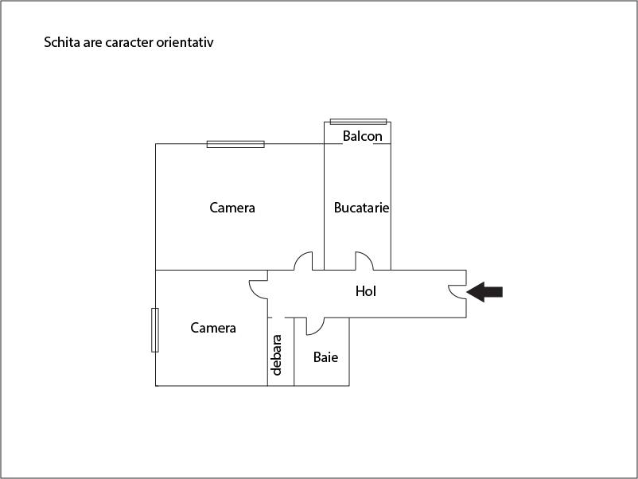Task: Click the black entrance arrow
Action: coord(484,292)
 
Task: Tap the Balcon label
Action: coord(363,136)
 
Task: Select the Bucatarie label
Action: coord(361,208)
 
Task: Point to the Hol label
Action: coord(366,291)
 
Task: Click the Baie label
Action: coord(325,357)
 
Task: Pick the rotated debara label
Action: coord(276,355)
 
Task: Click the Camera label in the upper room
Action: coord(232,208)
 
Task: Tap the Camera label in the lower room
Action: coord(213,328)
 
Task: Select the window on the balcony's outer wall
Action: coord(359,122)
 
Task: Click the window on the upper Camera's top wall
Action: coord(235,144)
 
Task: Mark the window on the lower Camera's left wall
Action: coord(155,330)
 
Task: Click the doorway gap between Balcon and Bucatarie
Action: coord(358,144)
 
